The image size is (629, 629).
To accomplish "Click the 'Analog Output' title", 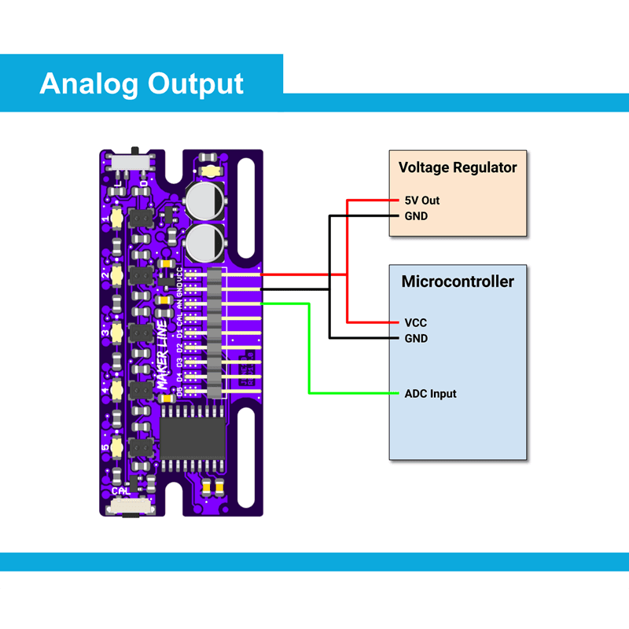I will (x=142, y=83).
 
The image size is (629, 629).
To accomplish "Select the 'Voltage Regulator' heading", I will (x=458, y=167).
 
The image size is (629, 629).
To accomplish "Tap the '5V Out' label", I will (x=422, y=200).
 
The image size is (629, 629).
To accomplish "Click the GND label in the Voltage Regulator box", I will (x=416, y=215).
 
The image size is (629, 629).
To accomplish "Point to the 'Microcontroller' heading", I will (x=458, y=281).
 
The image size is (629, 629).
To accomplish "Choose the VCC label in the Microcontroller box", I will (x=416, y=322).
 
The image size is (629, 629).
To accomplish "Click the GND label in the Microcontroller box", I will (x=416, y=338).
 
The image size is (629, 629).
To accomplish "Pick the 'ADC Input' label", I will (x=430, y=393).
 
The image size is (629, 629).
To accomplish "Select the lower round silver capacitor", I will (x=206, y=242).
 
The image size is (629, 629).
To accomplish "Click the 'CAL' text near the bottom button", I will (x=123, y=491).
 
